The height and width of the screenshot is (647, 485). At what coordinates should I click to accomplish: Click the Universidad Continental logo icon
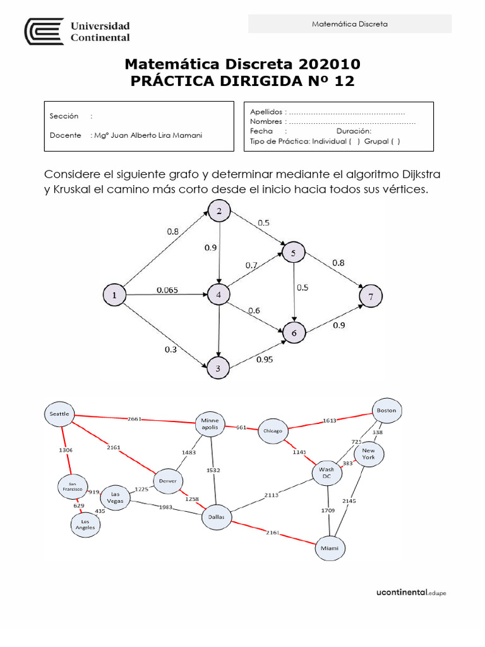(x=44, y=31)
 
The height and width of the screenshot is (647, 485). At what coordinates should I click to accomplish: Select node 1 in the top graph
(x=114, y=295)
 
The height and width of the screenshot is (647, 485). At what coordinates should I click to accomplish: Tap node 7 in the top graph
(x=371, y=296)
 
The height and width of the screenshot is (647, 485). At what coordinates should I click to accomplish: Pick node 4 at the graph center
(x=219, y=294)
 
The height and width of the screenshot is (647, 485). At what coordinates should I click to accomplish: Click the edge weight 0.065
(x=167, y=290)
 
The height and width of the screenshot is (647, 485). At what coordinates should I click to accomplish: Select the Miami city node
(x=330, y=548)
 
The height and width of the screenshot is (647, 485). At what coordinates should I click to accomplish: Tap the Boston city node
(x=386, y=410)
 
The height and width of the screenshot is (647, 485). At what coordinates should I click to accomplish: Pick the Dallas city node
(x=217, y=517)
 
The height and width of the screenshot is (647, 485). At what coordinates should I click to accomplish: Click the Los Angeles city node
(x=85, y=524)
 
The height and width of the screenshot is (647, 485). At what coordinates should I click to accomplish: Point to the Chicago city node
(x=273, y=431)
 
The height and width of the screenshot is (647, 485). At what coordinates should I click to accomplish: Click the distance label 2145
(x=349, y=500)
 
